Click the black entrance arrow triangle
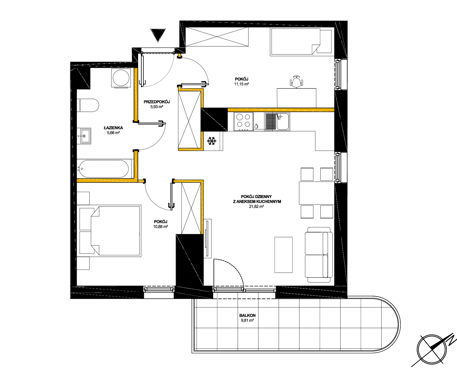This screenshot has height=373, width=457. [x=158, y=34]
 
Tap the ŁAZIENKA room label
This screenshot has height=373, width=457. [x=113, y=128]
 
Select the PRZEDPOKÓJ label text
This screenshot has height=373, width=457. [x=157, y=102]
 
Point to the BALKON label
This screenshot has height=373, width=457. [x=247, y=315]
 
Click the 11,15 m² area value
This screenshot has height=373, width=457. [x=242, y=84]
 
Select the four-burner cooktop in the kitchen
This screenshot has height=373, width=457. [x=243, y=121]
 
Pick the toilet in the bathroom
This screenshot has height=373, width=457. [x=88, y=105]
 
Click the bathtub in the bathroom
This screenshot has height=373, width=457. [x=104, y=169]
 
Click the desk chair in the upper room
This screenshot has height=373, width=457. [x=296, y=81]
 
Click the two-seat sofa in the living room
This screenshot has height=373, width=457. [x=319, y=255]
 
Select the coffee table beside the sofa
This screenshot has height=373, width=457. [x=283, y=255]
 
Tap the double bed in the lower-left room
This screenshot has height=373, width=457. [x=110, y=230]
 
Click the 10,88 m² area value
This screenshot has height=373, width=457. [x=161, y=227]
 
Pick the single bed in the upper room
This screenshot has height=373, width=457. [x=302, y=42]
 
